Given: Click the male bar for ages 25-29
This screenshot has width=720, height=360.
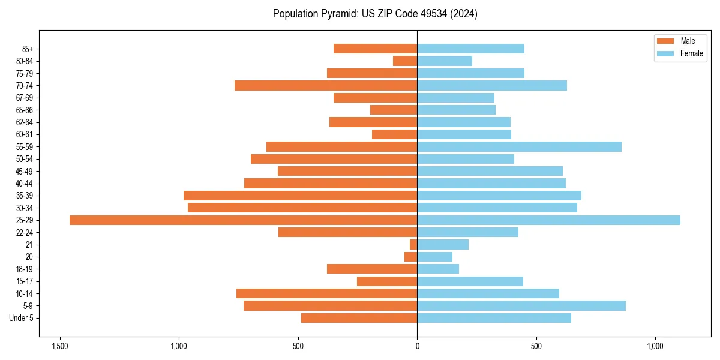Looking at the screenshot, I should point(243,220).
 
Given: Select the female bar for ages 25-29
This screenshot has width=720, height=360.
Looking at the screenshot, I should point(548,220).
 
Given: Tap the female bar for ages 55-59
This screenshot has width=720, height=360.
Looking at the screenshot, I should point(519,147).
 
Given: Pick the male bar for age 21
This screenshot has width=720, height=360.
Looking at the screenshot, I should point(413,245).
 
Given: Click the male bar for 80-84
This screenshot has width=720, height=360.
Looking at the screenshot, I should point(405,61).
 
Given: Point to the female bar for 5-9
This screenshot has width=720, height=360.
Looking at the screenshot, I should point(521,306).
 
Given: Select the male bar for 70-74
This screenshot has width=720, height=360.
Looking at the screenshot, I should point(326,86).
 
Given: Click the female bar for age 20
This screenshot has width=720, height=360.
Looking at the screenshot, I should point(434,257).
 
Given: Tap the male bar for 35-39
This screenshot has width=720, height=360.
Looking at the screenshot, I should point(300,196).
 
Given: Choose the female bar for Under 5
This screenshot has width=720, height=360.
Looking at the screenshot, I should point(494,318).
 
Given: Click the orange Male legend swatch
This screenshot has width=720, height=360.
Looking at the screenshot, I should point(665,41).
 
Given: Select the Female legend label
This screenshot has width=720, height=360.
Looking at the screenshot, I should point(691,53).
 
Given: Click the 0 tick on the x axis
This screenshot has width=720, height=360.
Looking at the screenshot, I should point(417,346).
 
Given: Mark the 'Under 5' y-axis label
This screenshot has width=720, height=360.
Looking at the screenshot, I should point(21,318).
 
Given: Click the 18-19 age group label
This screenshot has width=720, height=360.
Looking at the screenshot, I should point(25,269).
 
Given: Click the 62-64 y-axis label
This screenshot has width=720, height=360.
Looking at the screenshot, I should point(25,122).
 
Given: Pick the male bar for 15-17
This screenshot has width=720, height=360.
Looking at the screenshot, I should point(387,281).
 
